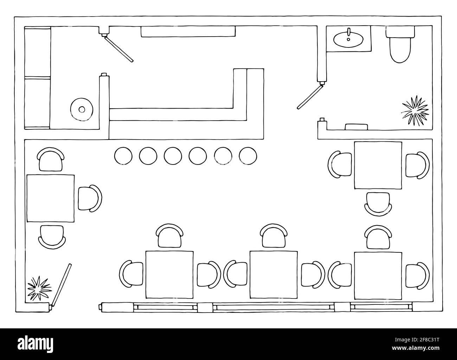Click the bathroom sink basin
pos(348,39)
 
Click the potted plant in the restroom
pos(415,110)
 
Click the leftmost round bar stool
pos(123,155)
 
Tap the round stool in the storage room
pos(82,109)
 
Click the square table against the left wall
pos(51,198)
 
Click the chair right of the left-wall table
pos(90,198)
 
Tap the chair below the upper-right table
pos(378,204)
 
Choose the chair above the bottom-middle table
pos(273,236)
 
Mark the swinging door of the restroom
pos(310,96)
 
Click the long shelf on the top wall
pos(188,31)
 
